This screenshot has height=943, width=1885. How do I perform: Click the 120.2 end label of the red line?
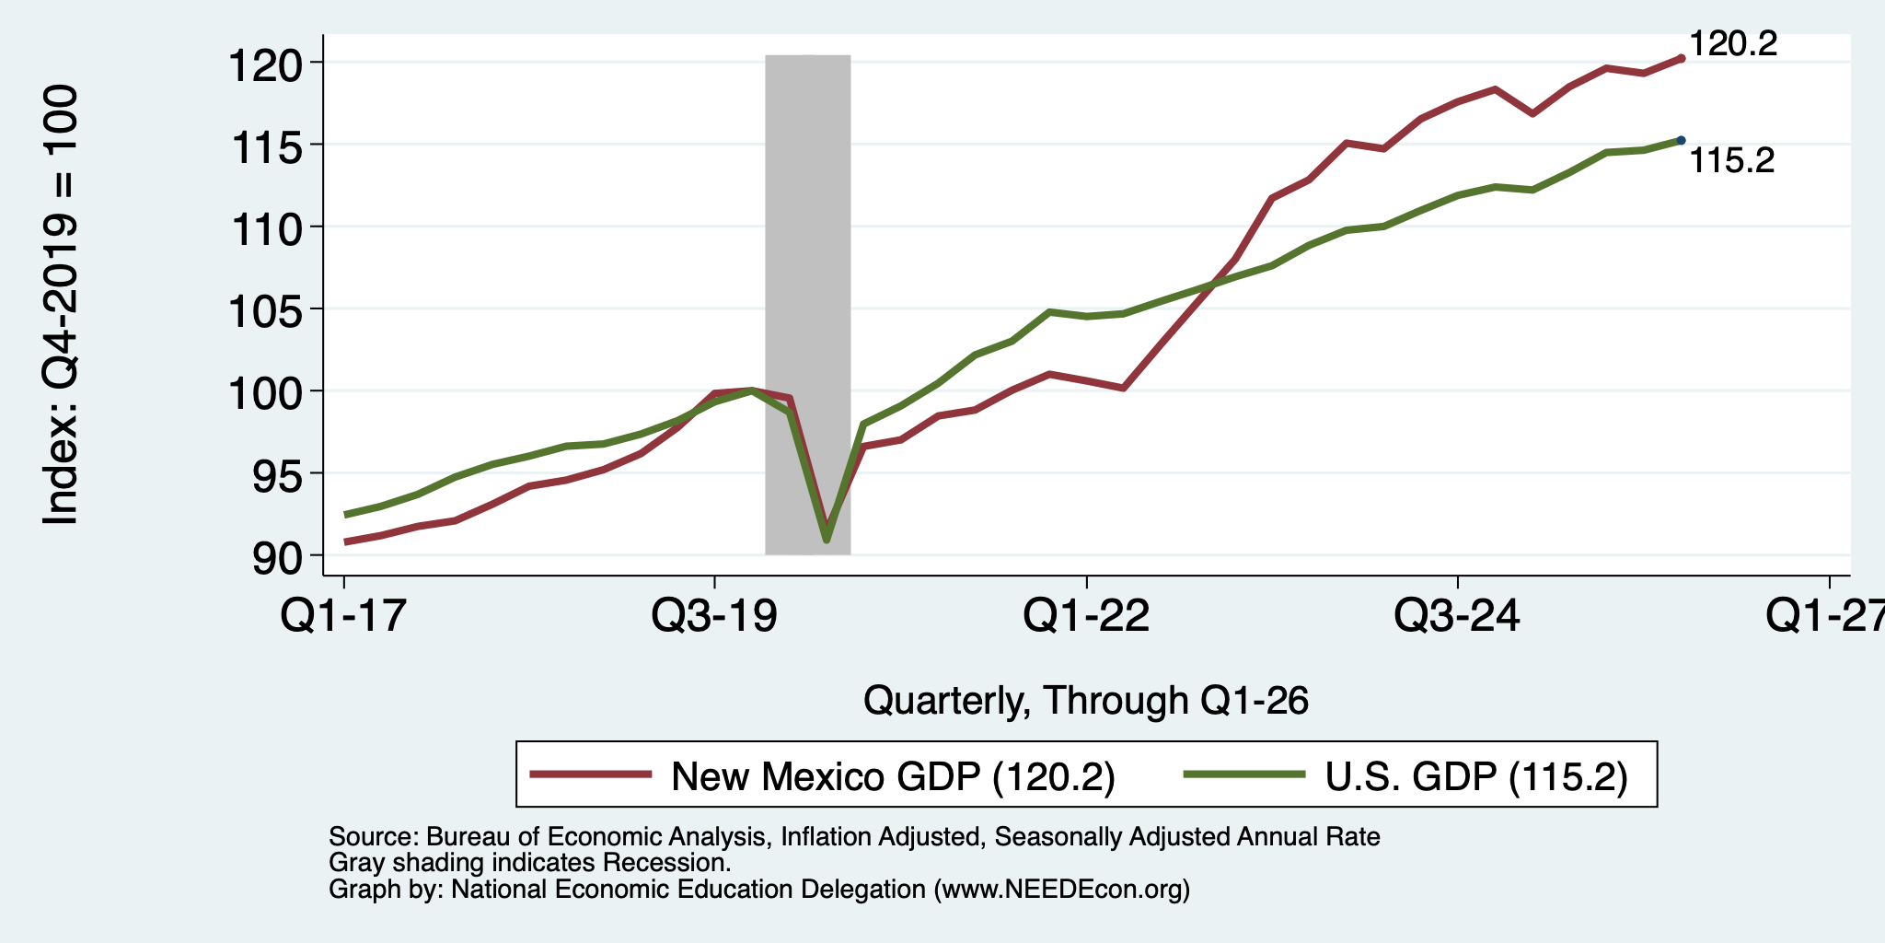pos(1733,43)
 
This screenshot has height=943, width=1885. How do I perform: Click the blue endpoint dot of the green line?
pos(1681,140)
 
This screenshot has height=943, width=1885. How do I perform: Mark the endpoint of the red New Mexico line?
pos(1681,58)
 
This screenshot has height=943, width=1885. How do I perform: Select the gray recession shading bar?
pos(807,305)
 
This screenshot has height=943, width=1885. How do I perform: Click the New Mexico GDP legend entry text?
pos(893,776)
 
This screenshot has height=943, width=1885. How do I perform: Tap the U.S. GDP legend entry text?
pos(1476,776)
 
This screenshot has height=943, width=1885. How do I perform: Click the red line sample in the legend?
pos(592,774)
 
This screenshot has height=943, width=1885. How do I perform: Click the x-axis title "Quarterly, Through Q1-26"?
pos(1086,701)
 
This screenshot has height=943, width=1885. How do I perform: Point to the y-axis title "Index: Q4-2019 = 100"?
pos(60,305)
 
